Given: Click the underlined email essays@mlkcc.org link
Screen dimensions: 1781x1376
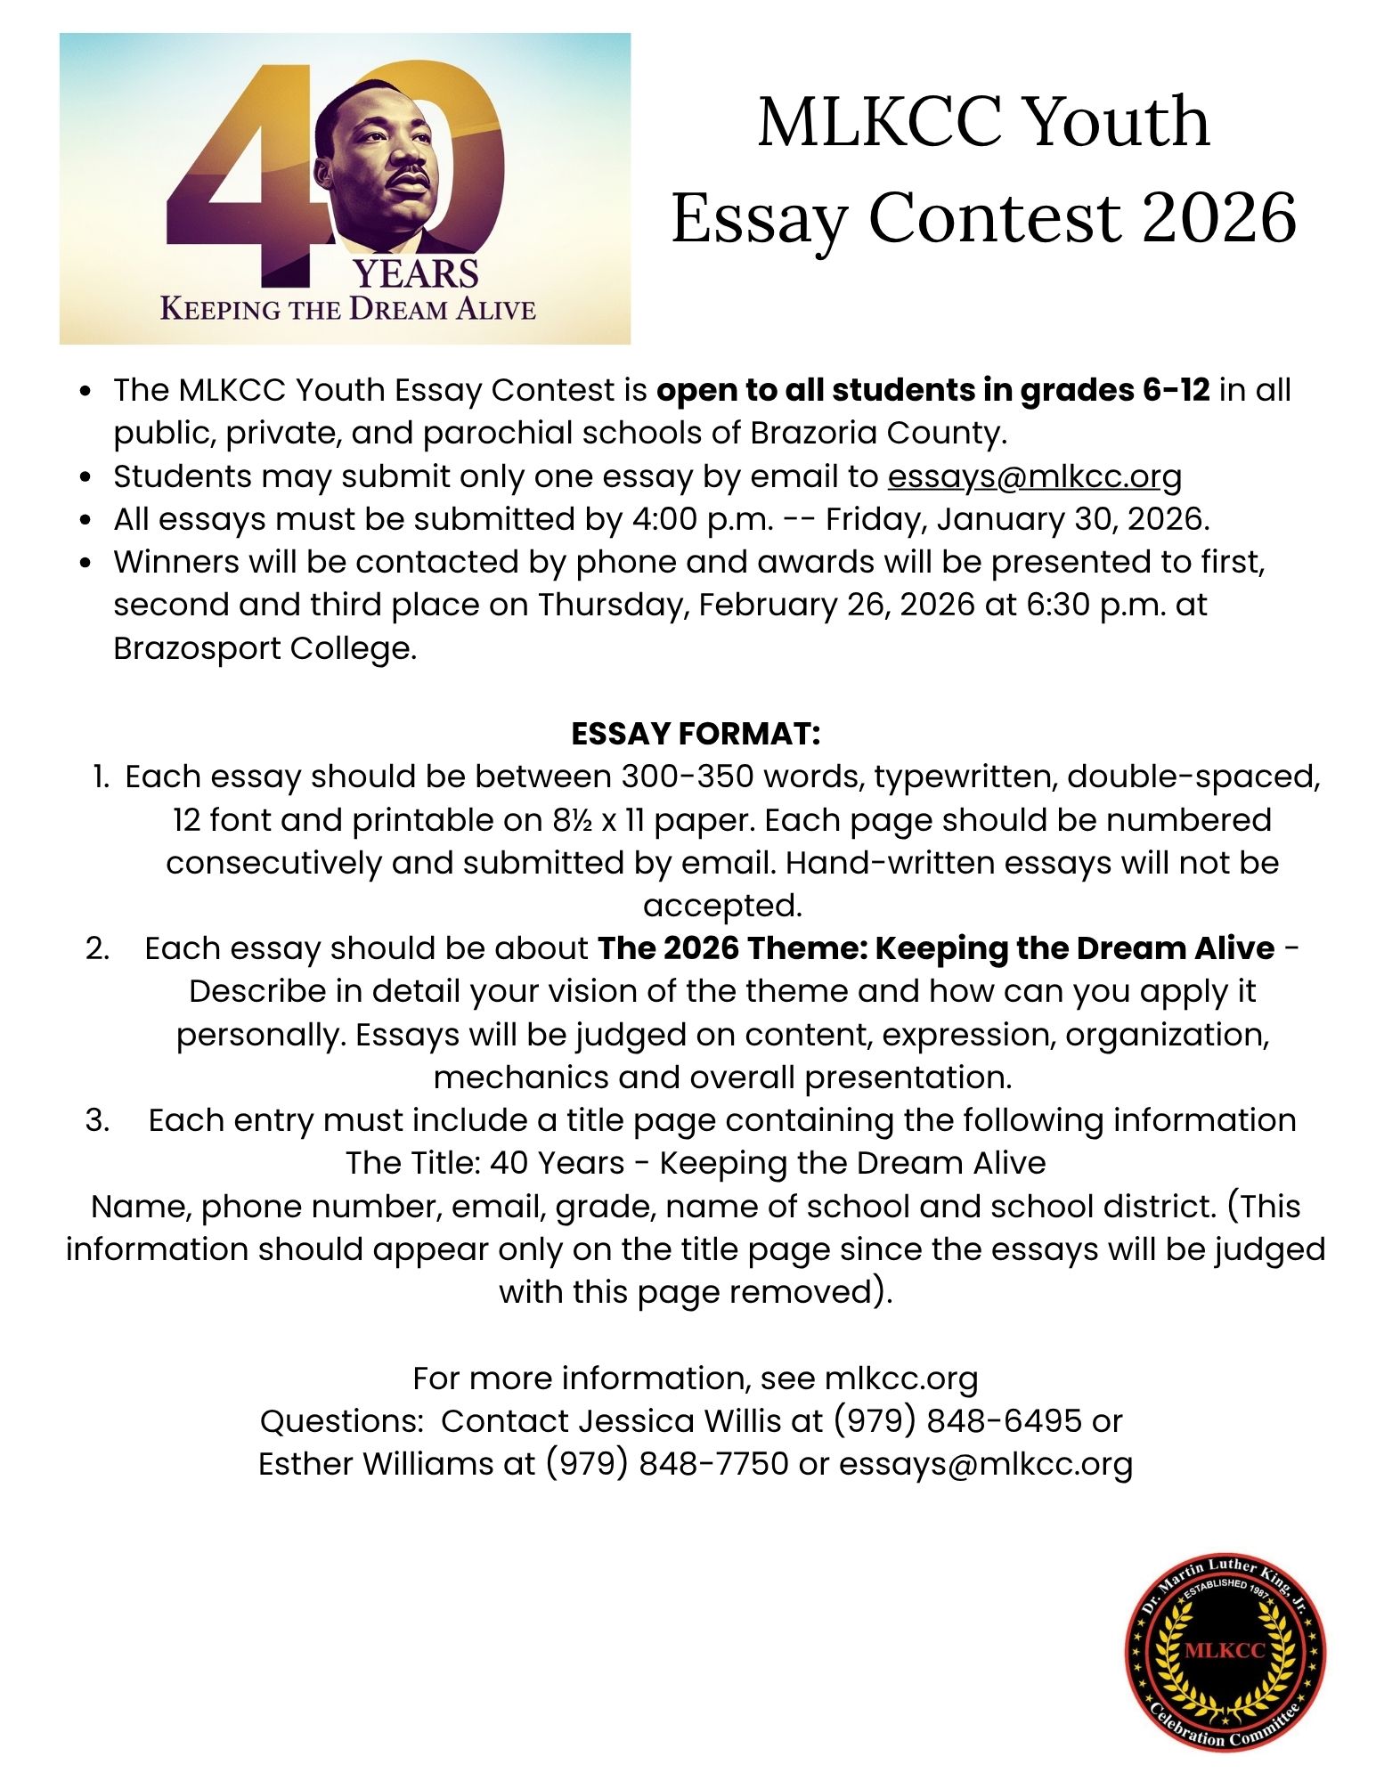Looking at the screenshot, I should (1034, 477).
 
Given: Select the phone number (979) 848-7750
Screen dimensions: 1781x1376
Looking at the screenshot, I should (666, 1463).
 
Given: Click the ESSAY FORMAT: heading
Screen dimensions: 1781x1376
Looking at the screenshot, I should (696, 734).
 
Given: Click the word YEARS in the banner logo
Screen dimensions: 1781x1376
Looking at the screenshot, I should (416, 274).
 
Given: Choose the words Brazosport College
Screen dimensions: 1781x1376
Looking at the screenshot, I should (265, 648).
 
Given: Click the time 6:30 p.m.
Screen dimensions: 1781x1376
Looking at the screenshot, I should (1096, 605).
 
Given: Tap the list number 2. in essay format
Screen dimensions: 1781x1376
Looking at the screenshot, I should (98, 948).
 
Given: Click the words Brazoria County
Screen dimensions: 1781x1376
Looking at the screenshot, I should (878, 433).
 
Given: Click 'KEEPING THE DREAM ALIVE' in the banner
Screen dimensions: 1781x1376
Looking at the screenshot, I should (347, 310).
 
